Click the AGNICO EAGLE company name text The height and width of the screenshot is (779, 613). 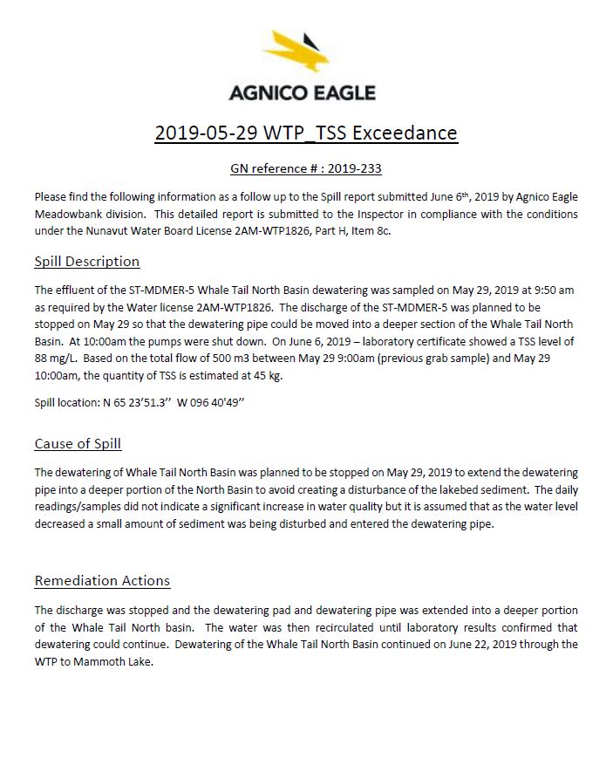302,92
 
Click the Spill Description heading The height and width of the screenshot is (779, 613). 86,261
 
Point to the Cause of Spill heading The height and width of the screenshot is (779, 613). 78,443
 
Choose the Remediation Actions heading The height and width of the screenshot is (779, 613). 102,580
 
